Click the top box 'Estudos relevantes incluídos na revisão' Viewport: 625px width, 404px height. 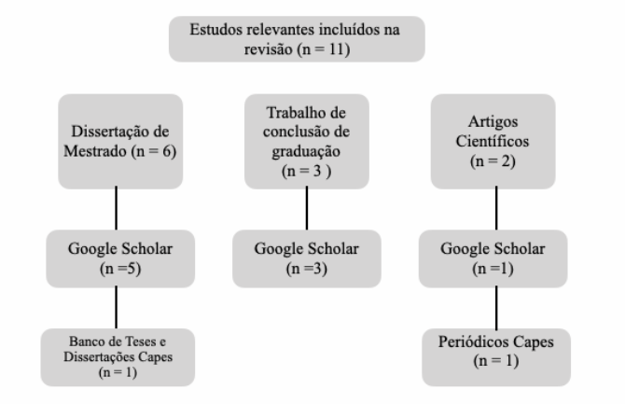coord(297,39)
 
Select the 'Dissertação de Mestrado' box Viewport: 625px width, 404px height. coord(120,141)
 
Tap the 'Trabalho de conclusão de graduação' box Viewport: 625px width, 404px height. coord(307,141)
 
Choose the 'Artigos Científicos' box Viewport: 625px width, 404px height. coord(493,141)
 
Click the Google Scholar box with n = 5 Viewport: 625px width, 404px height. coord(120,258)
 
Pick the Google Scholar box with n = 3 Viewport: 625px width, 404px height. coord(307,258)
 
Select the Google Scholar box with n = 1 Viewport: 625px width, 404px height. coord(493,258)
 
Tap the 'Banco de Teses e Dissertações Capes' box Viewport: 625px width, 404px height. coord(118,357)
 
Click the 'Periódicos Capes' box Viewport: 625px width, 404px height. coord(496,357)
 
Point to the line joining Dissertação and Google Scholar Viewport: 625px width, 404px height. coord(116,208)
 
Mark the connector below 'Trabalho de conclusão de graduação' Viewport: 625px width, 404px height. coord(307,208)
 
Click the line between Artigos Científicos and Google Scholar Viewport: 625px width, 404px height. coord(496,208)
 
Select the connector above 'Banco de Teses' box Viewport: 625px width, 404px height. coord(116,307)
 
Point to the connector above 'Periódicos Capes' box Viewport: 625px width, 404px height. coord(496,308)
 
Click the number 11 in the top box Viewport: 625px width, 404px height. coord(337,49)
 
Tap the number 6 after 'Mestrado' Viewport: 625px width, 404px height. coord(167,151)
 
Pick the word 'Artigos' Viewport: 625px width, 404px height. coord(493,122)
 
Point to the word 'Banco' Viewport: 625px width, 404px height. coord(83,341)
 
